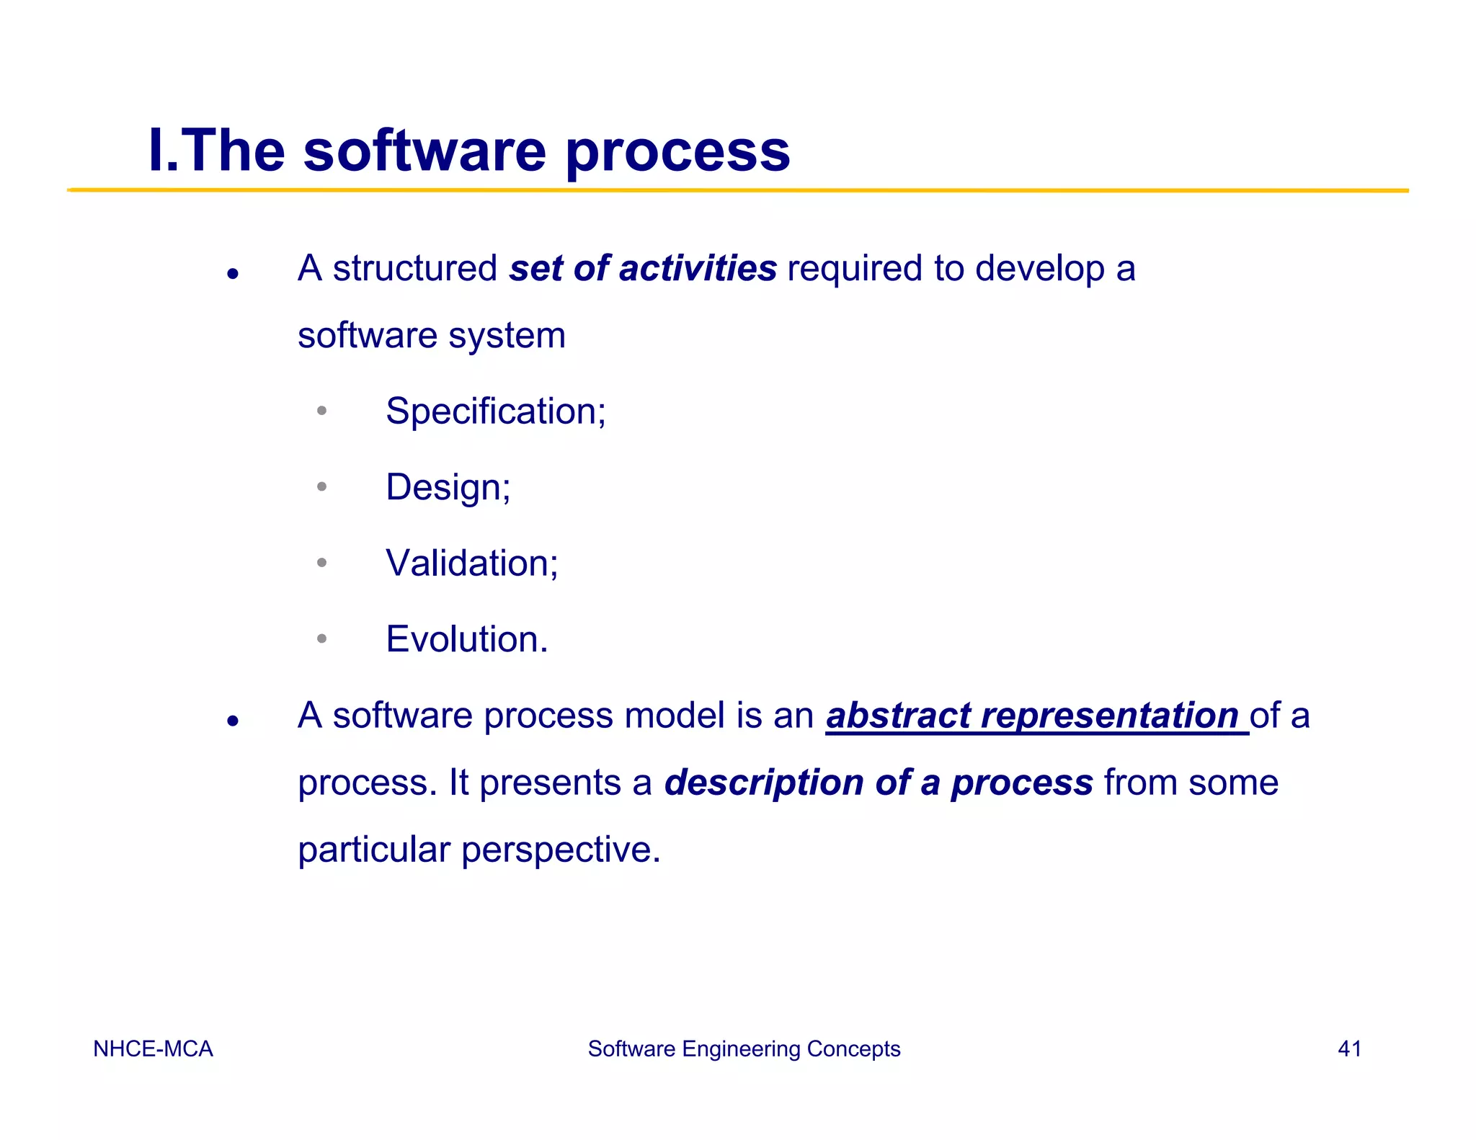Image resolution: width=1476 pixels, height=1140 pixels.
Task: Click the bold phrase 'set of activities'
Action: pos(643,268)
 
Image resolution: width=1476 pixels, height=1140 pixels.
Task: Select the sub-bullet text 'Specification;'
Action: pos(495,411)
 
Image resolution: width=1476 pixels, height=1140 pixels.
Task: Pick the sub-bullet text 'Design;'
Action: pos(448,487)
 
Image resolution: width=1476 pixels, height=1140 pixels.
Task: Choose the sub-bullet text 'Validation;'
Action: pos(471,563)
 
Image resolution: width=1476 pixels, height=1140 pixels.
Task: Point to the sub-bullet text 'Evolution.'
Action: pos(466,639)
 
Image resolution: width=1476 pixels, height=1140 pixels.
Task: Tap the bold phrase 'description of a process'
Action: pos(879,783)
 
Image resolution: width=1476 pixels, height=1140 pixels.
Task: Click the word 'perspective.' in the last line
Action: pos(561,850)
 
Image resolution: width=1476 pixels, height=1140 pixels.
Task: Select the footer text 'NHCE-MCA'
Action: pos(153,1048)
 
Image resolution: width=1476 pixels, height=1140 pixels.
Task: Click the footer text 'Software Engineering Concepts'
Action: pos(744,1048)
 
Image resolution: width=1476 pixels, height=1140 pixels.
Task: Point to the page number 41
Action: pos(1349,1048)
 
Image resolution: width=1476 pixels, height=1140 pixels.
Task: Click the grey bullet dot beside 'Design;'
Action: pos(321,487)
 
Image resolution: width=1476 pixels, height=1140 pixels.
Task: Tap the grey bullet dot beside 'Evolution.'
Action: pos(321,638)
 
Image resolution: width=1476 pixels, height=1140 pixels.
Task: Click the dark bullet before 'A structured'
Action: pos(232,274)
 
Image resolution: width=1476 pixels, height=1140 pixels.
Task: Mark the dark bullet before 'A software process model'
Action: pos(232,721)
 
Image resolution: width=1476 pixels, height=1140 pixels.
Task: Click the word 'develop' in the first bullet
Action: pos(1040,270)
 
